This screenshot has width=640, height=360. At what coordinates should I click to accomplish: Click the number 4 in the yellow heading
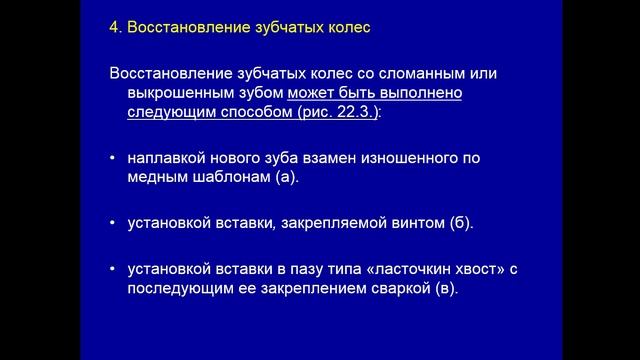pos(113,27)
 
